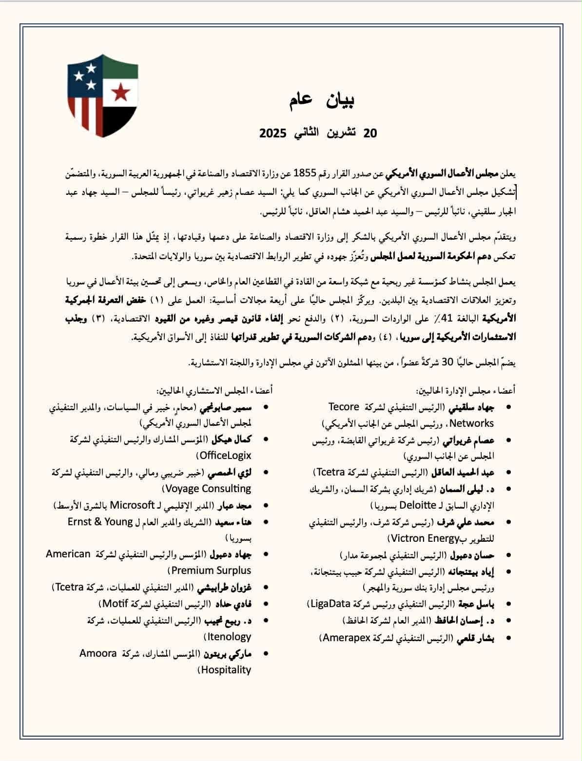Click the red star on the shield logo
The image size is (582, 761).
(120, 91)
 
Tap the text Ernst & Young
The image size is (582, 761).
(100, 521)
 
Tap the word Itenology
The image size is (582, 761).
(229, 637)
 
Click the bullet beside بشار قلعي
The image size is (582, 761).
(509, 638)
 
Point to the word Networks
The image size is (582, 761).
(473, 423)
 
